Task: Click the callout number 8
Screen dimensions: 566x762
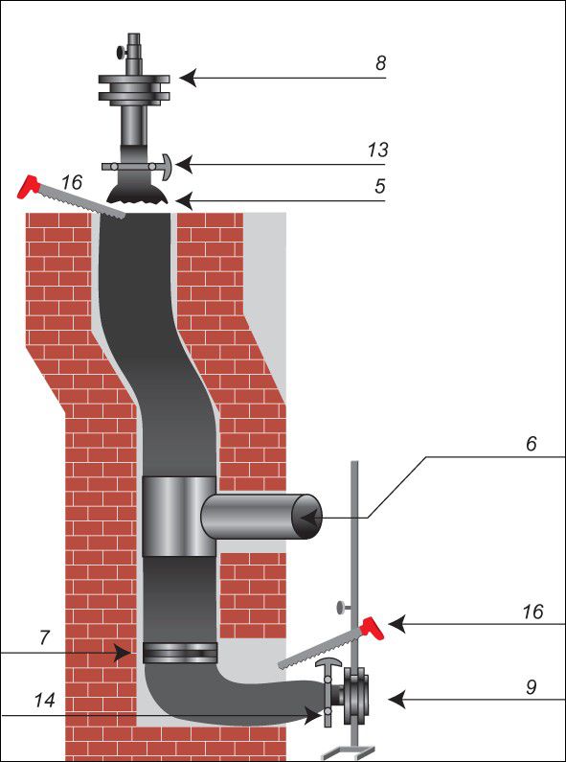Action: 381,62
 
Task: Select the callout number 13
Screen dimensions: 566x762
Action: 377,150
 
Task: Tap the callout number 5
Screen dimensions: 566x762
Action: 379,186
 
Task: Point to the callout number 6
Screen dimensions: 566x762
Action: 532,443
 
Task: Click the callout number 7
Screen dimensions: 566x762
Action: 44,637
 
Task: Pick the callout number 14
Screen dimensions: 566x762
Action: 44,701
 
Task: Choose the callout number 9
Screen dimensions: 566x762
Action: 532,687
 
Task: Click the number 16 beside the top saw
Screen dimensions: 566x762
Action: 72,183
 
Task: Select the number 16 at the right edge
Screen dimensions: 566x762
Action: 532,612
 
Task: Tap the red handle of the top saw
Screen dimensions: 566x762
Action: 28,187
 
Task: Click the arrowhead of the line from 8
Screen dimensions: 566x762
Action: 188,78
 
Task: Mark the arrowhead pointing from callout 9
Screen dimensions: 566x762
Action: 396,700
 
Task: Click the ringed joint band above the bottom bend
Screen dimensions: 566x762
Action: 180,653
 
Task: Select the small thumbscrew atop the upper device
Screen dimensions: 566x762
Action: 119,51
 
